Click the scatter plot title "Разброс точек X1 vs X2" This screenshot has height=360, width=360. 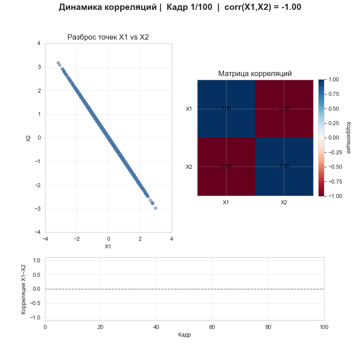click(108, 37)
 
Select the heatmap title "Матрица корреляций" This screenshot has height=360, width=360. click(255, 73)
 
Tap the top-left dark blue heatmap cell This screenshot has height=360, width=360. click(226, 108)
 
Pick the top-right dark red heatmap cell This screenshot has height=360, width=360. click(284, 108)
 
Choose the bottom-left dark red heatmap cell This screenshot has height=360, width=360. click(226, 166)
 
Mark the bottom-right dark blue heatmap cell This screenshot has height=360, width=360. click(284, 166)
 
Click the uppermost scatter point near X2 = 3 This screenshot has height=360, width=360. click(58, 63)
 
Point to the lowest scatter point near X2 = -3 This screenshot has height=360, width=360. click(155, 208)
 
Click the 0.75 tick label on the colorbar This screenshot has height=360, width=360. click(333, 94)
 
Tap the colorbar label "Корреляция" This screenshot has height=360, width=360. click(348, 137)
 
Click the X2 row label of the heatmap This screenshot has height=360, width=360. click(189, 167)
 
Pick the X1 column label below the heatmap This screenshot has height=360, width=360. click(226, 202)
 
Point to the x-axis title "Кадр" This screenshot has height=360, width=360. click(184, 335)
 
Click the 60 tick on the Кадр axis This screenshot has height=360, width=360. click(212, 326)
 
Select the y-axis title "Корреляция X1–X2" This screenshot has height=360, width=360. click(23, 288)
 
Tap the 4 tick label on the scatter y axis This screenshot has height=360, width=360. click(39, 44)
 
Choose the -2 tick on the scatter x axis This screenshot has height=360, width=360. click(76, 239)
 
